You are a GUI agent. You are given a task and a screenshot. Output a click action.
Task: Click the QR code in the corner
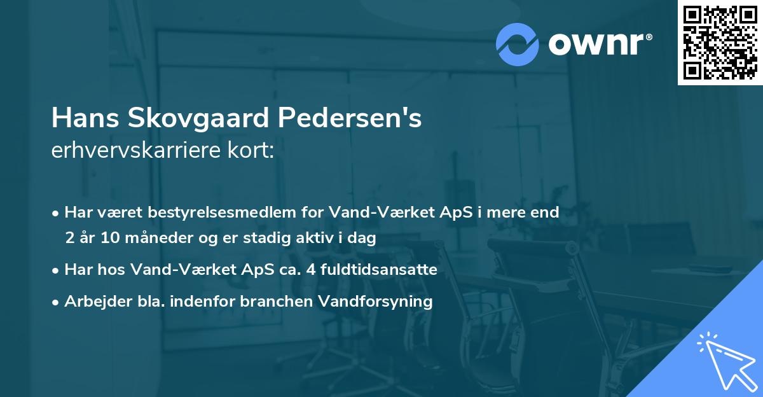(720, 43)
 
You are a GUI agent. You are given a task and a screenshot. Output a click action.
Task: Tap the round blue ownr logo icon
(518, 44)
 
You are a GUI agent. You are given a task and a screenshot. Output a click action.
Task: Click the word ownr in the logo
(600, 44)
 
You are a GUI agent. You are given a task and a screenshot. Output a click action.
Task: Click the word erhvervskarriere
(134, 151)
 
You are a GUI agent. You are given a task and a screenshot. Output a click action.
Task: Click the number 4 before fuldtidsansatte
(310, 270)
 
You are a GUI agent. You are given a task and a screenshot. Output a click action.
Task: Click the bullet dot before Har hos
(57, 270)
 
